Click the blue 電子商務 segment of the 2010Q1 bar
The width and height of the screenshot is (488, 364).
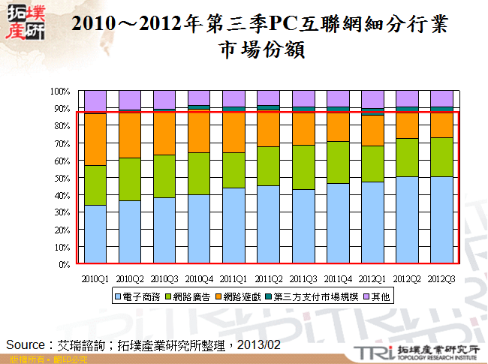(x=95, y=234)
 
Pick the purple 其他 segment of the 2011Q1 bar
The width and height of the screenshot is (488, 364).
(x=233, y=99)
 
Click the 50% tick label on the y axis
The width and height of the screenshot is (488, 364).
(x=60, y=178)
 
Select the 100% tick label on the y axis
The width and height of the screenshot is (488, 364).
(x=59, y=92)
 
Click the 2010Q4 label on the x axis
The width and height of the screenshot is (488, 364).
(x=199, y=278)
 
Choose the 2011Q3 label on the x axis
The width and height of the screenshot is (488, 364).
(x=303, y=278)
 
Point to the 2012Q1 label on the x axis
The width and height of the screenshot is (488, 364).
(x=372, y=278)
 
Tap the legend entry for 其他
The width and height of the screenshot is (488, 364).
(x=378, y=296)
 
